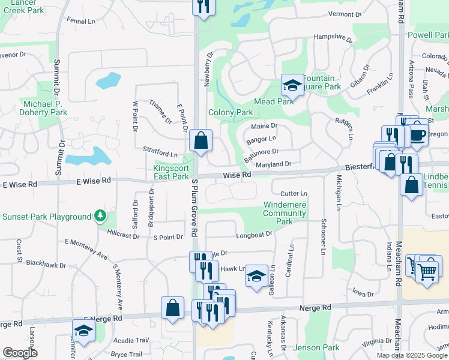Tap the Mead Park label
click(x=273, y=101)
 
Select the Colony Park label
click(x=231, y=112)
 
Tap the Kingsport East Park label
click(x=171, y=172)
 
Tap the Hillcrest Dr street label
click(x=122, y=236)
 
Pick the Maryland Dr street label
click(x=273, y=164)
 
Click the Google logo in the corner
click(x=19, y=353)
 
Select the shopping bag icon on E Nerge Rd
click(x=172, y=307)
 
